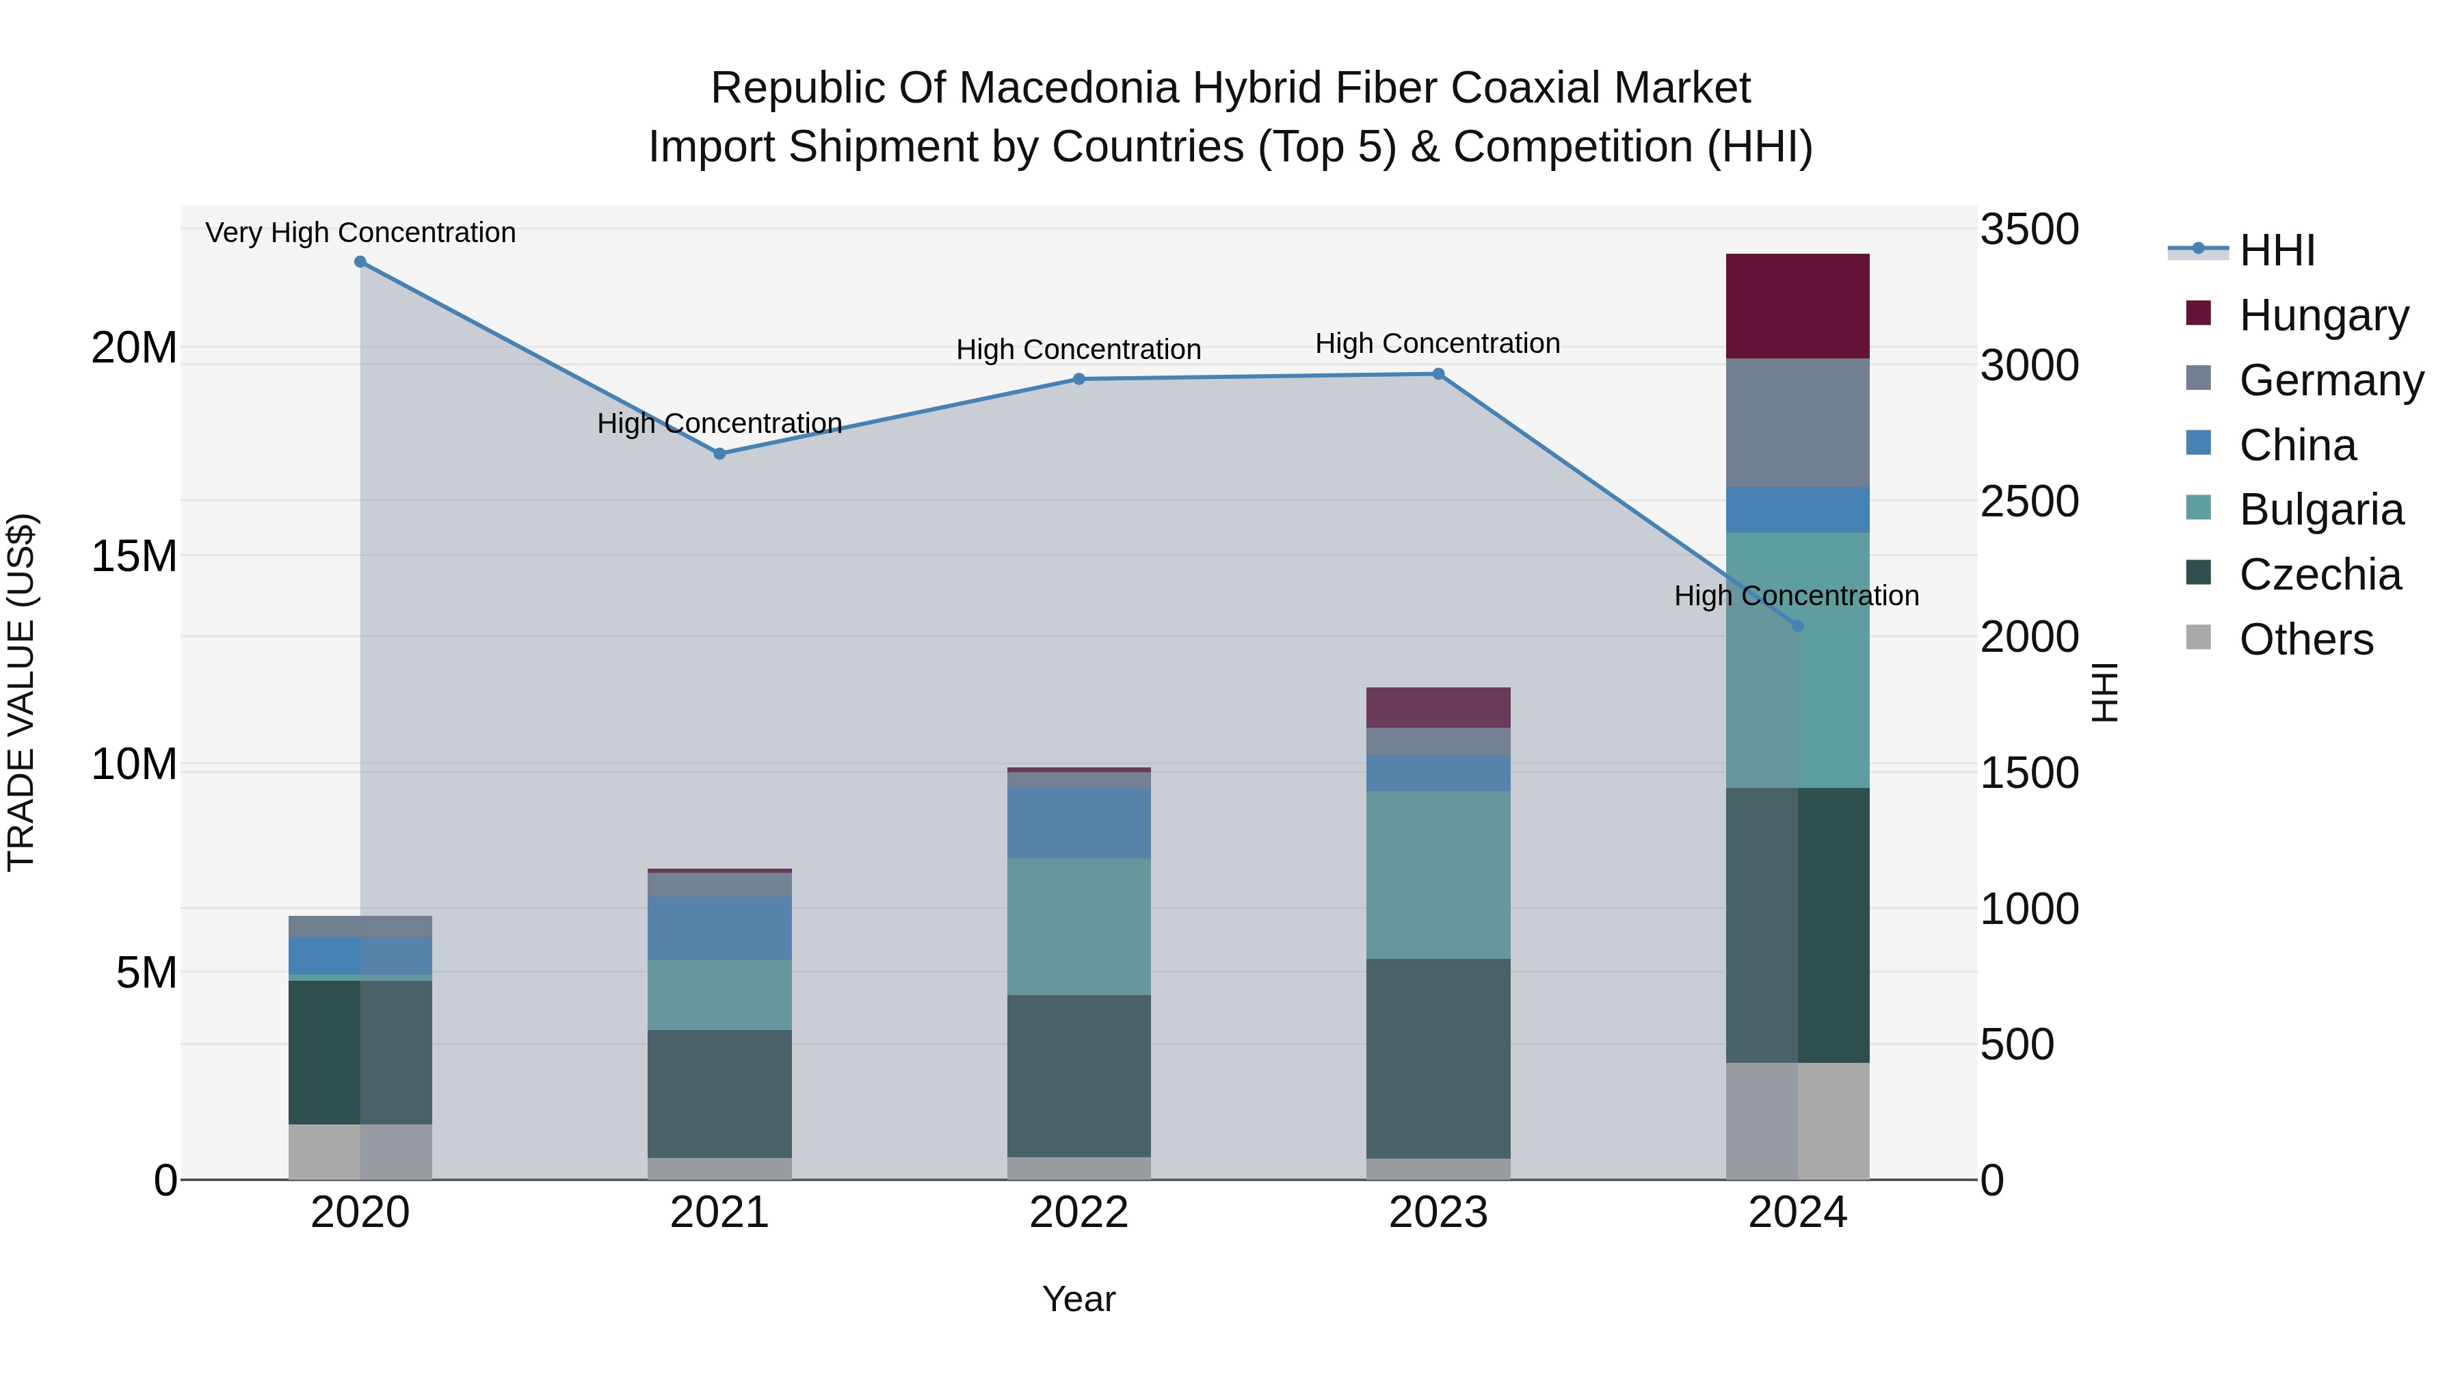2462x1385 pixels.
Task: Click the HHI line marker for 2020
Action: [x=360, y=262]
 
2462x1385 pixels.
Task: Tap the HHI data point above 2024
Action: [x=1798, y=626]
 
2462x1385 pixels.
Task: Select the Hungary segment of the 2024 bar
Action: [x=1798, y=307]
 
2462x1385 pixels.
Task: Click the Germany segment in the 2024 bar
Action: [x=1798, y=423]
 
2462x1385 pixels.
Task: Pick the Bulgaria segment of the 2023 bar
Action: [x=1438, y=875]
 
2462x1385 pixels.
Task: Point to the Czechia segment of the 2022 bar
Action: [x=1079, y=1077]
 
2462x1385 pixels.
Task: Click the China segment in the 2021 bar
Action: [x=719, y=928]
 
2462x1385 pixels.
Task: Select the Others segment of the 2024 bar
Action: [x=1798, y=1120]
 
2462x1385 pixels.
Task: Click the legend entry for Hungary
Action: [x=2322, y=315]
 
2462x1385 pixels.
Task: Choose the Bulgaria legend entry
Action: [x=2320, y=510]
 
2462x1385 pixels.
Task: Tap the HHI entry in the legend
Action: [x=2277, y=250]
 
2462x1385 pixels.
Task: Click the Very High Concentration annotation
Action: [x=360, y=233]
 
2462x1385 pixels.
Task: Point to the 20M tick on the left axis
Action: [x=134, y=348]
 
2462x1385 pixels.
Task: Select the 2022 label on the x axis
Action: [x=1079, y=1213]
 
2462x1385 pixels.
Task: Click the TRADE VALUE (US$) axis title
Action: [x=21, y=692]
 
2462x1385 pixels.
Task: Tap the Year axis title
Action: [x=1079, y=1299]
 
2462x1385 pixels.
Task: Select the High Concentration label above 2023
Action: [x=1438, y=343]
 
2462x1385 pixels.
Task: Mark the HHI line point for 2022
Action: [x=1079, y=380]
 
